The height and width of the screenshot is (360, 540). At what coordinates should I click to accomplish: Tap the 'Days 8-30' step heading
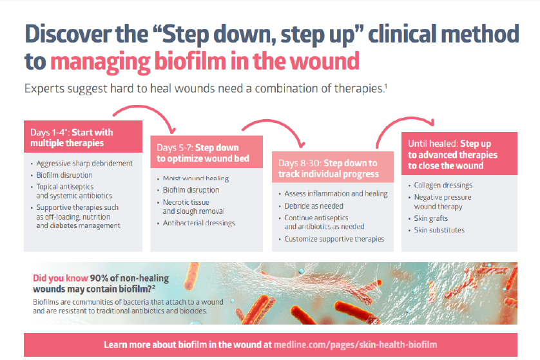327,169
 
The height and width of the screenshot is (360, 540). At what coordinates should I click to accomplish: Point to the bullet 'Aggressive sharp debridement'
84,164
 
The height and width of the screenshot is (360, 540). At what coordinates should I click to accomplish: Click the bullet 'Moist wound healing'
191,178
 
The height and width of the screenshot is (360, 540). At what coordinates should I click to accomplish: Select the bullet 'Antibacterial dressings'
198,223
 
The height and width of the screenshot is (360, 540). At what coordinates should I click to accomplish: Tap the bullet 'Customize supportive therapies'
334,239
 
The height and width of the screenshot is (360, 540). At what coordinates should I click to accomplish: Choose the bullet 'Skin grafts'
431,219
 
